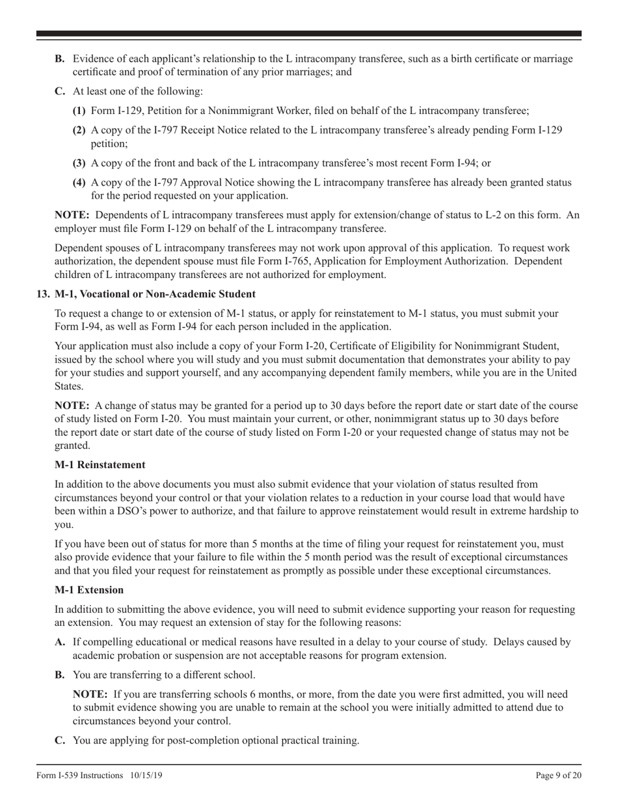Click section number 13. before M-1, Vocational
[x=43, y=294]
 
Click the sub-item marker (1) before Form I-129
[x=79, y=111]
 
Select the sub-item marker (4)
[x=79, y=182]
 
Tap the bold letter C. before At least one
[x=60, y=91]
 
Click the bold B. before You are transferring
[x=60, y=674]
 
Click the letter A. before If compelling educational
[x=60, y=641]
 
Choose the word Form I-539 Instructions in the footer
[x=79, y=775]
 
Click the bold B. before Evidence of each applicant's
[x=60, y=59]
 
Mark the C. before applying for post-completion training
[x=60, y=740]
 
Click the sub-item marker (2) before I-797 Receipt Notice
[x=79, y=130]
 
